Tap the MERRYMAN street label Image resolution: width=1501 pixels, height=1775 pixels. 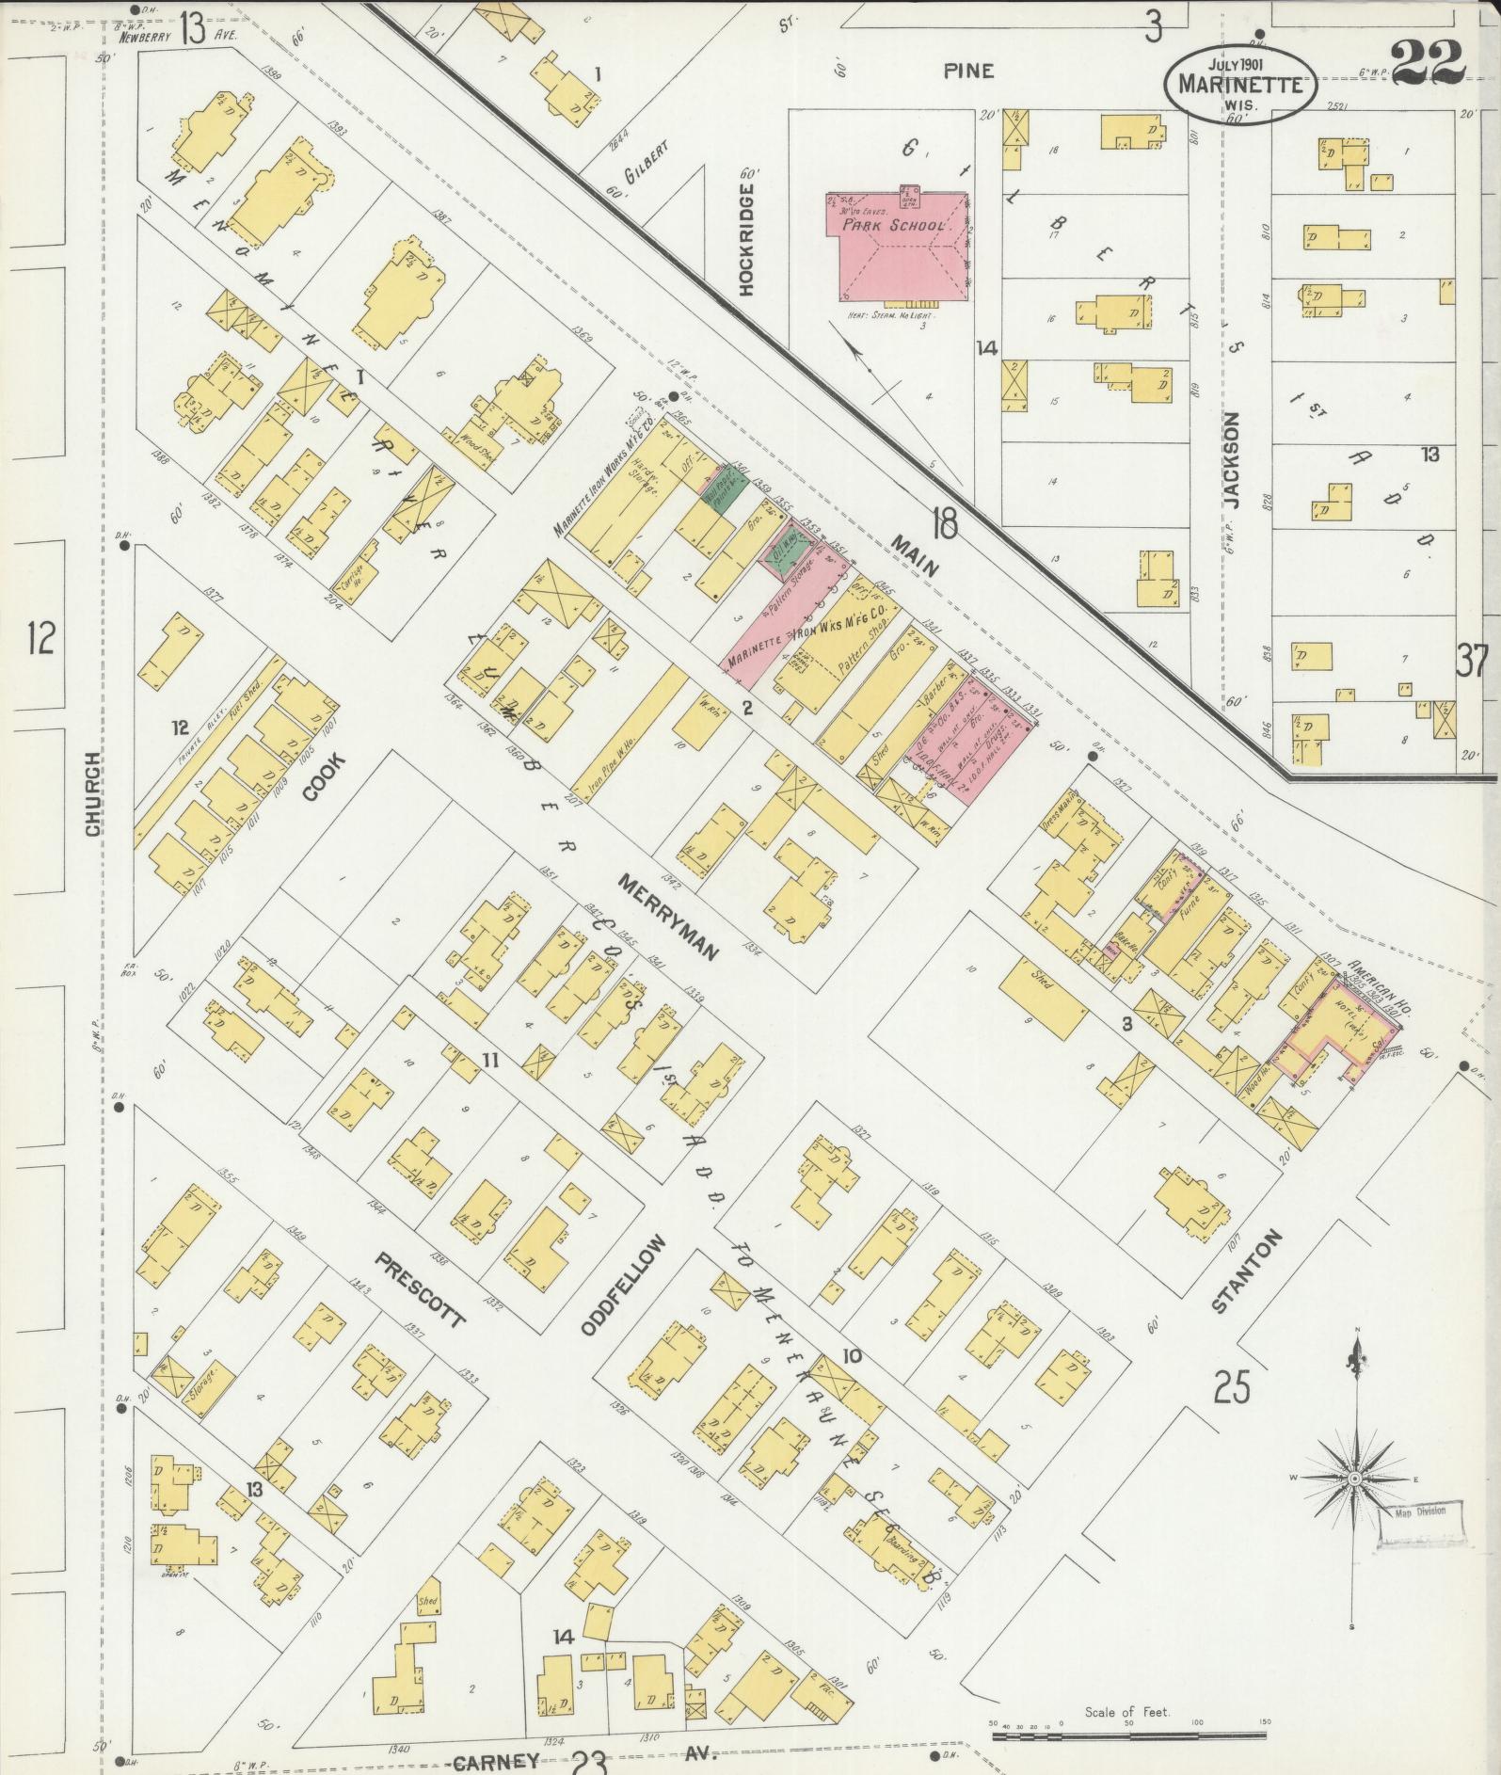pos(668,916)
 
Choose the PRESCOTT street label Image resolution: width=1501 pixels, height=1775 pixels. pos(420,1288)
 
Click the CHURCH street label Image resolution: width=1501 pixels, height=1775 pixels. pos(93,793)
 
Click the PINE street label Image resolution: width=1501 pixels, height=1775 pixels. pos(969,72)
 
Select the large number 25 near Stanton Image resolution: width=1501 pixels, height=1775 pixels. pos(1234,1387)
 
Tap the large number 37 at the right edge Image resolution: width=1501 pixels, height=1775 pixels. pos(1474,661)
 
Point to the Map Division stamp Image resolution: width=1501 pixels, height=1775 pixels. pos(1422,1507)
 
